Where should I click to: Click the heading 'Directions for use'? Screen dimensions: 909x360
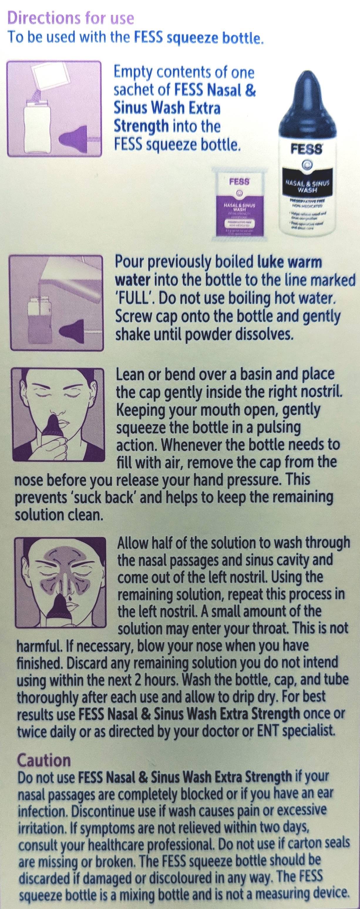(70, 18)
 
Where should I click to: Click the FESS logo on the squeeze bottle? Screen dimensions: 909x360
(306, 149)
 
